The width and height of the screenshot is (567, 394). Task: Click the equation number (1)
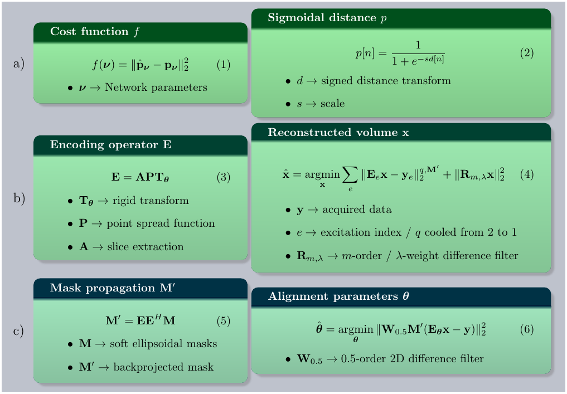click(x=223, y=65)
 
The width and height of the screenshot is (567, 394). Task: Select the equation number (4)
click(x=527, y=174)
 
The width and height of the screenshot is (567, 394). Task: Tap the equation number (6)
click(x=527, y=329)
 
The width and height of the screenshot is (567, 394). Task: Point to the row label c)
click(x=18, y=331)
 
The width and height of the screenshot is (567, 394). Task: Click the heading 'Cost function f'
click(x=95, y=32)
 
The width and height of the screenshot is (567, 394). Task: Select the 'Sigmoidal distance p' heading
click(x=327, y=18)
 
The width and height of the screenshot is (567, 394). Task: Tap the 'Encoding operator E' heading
click(x=111, y=145)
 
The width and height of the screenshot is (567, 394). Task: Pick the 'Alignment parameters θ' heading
click(x=340, y=297)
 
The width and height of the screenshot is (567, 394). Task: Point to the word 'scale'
click(x=332, y=104)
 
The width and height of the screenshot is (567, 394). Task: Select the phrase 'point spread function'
click(x=161, y=223)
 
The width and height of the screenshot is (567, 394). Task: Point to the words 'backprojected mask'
click(x=163, y=367)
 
